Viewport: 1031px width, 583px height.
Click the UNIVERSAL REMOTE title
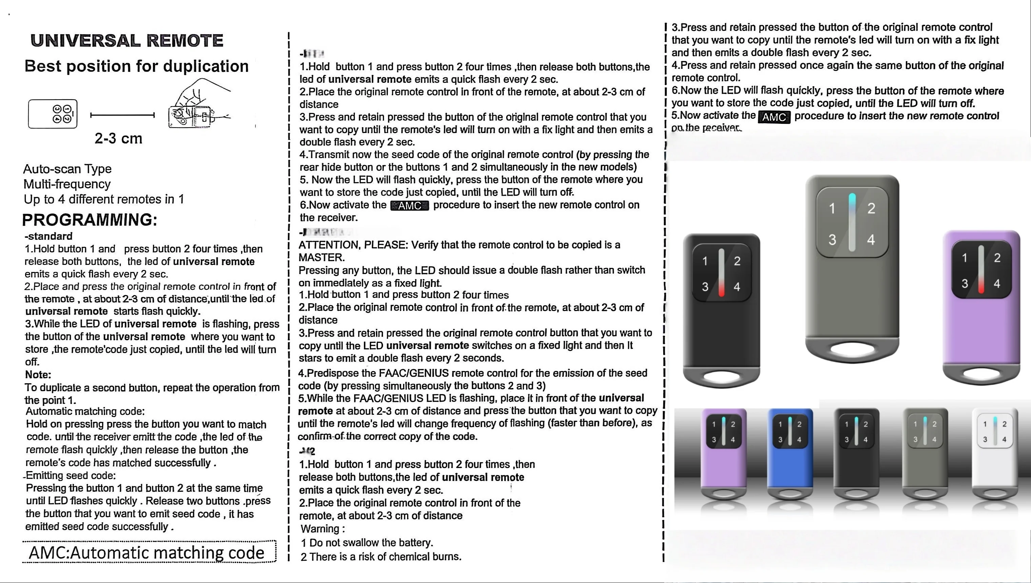(x=127, y=40)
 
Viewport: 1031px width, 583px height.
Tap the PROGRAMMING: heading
(x=89, y=220)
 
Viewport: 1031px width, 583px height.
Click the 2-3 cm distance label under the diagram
(x=118, y=138)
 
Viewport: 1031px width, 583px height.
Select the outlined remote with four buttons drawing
(x=53, y=114)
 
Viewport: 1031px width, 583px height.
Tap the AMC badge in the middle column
(x=409, y=206)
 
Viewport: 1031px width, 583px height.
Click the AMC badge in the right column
(x=774, y=117)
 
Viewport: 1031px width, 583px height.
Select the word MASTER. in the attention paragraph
(x=322, y=257)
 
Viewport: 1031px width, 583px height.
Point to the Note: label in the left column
(x=38, y=375)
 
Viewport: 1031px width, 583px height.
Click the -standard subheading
(x=49, y=236)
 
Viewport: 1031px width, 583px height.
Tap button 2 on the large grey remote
(x=871, y=209)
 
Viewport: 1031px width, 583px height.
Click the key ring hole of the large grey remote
(x=852, y=349)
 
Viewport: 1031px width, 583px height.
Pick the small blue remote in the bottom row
(x=789, y=454)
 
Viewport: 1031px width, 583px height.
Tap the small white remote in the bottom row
(x=995, y=454)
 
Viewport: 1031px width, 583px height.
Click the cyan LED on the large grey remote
(x=852, y=202)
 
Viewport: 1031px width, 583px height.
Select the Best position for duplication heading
(x=137, y=66)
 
